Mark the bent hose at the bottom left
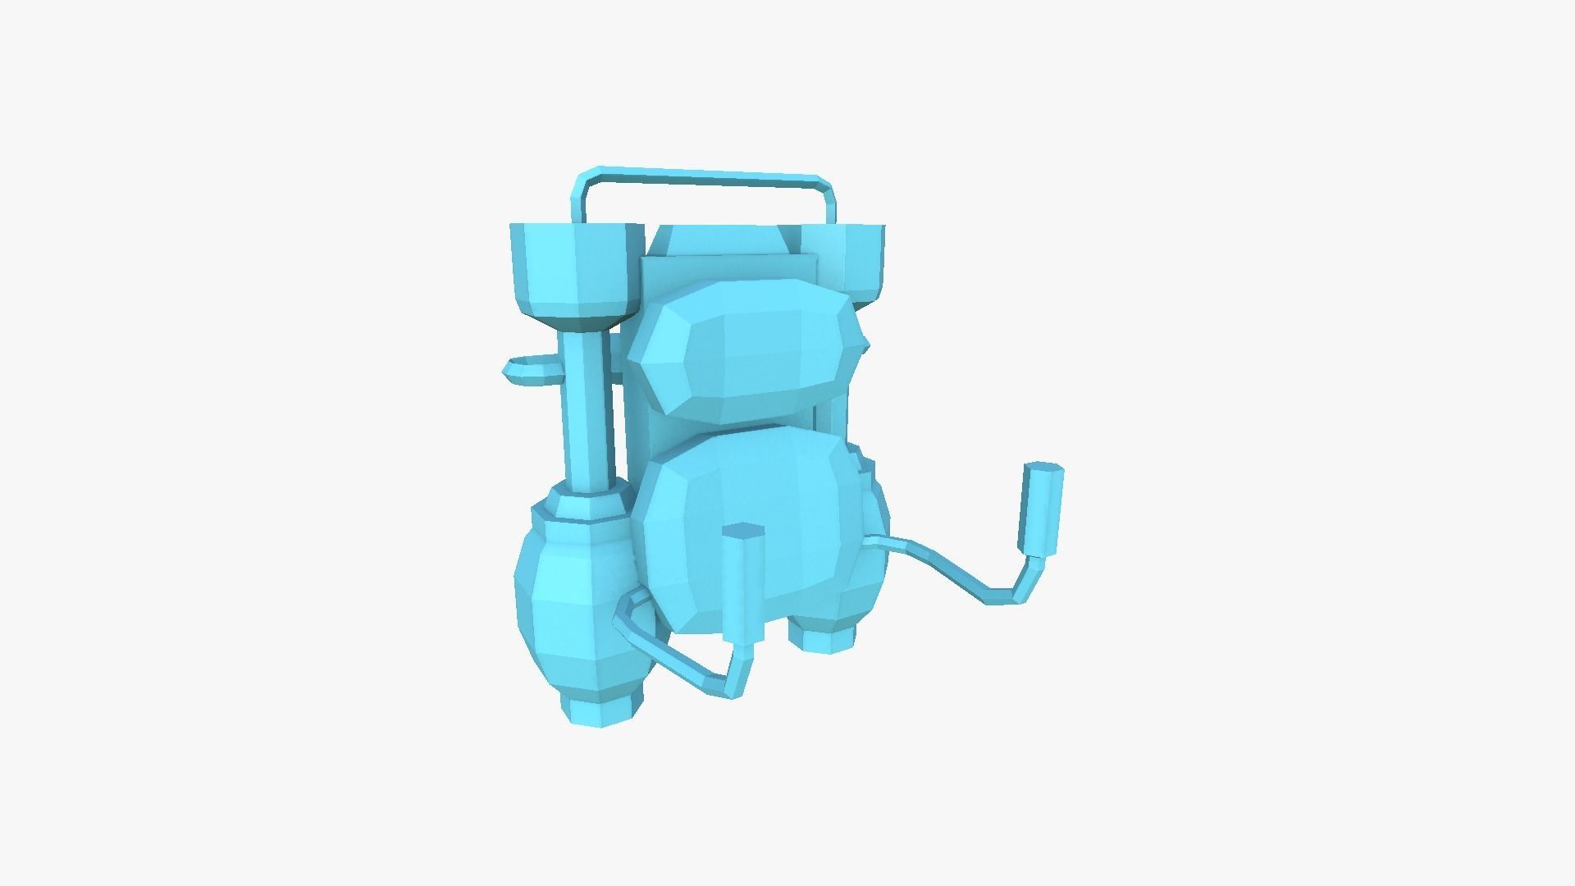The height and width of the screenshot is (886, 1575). click(664, 648)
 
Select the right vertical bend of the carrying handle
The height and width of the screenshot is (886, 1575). click(829, 201)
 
